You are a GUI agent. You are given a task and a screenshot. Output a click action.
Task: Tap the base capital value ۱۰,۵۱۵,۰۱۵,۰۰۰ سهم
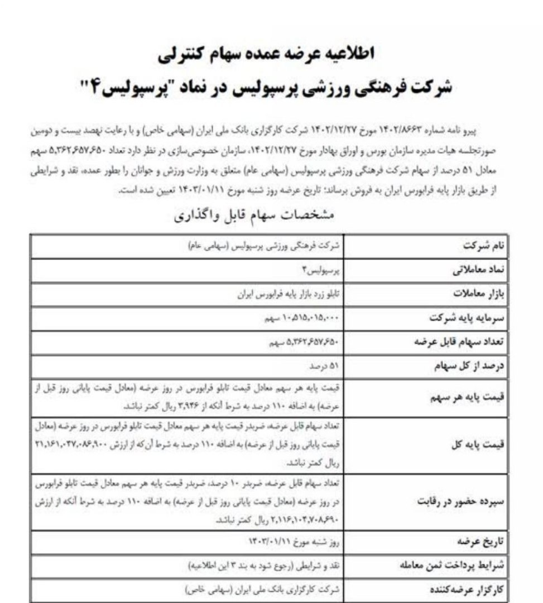click(x=305, y=318)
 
